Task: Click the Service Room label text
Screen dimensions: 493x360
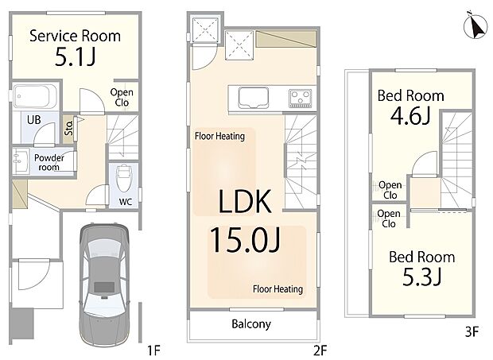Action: pos(75,36)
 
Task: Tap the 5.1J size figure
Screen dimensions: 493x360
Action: pos(75,57)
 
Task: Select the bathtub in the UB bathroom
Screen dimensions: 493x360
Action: pos(35,96)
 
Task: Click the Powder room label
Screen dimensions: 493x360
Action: pos(49,162)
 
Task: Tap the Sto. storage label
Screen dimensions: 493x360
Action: pos(68,128)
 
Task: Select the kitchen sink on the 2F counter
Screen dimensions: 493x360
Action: pos(254,98)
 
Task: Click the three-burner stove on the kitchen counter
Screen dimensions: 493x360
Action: pos(301,98)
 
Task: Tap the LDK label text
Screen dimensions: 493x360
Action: pos(245,201)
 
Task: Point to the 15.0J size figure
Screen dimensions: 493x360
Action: pos(245,240)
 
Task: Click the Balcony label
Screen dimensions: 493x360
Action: pos(251,324)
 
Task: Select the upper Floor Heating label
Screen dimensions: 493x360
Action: pos(219,136)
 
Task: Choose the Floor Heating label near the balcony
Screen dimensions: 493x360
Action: pos(278,289)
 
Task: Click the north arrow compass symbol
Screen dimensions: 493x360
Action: pos(476,25)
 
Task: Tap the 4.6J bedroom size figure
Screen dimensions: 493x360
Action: pos(410,116)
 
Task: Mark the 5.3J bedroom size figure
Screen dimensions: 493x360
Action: pos(422,277)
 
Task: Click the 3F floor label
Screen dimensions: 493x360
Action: pos(472,331)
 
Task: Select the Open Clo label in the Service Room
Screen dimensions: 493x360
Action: pos(122,98)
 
